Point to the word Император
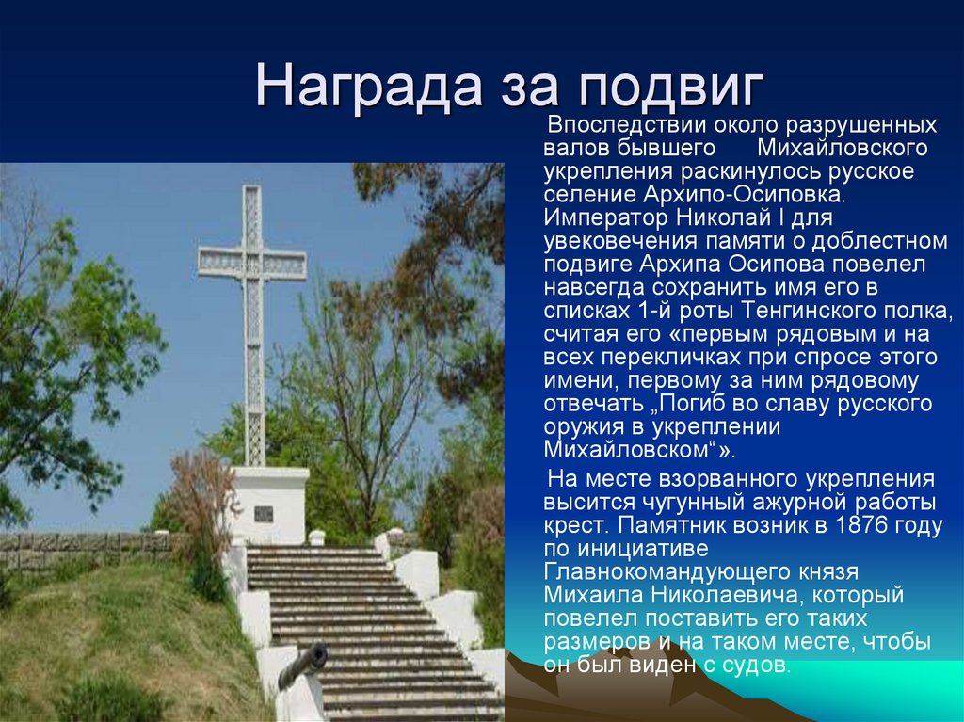pos(601,217)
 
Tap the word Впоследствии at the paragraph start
pos(616,125)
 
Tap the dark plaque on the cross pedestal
pos(264,514)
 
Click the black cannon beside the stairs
pos(304,664)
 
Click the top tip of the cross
pos(251,188)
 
